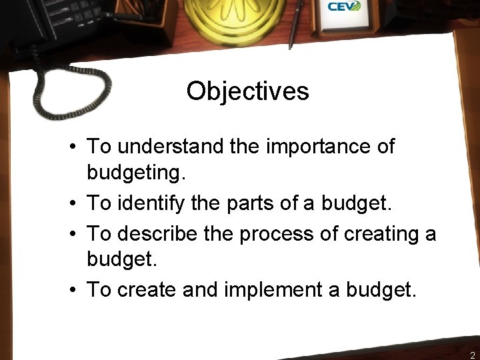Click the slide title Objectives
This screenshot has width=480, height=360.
pos(247,91)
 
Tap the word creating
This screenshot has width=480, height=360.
pos(377,233)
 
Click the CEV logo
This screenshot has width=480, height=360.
pos(344,7)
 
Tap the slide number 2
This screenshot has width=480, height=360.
pos(472,355)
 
